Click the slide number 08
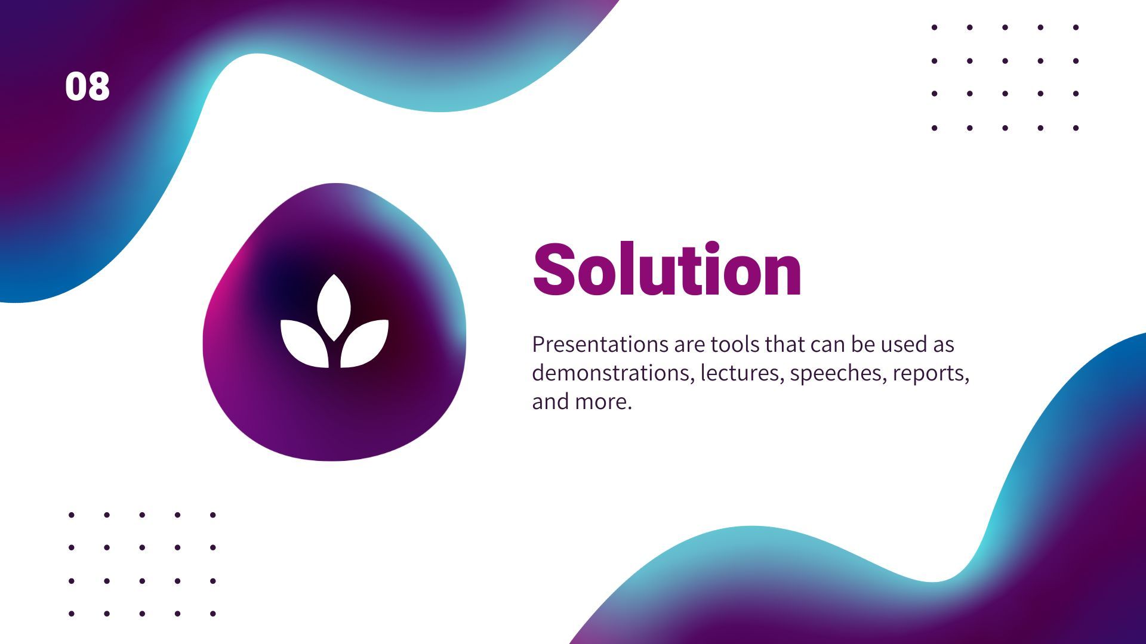pyautogui.click(x=87, y=86)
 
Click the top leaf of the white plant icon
pyautogui.click(x=334, y=306)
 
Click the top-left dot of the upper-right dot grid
pyautogui.click(x=934, y=27)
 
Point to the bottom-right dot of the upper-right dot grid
pyautogui.click(x=1076, y=128)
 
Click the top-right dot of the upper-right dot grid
pyautogui.click(x=1076, y=27)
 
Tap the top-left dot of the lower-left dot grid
pyautogui.click(x=72, y=515)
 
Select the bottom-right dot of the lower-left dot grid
pyautogui.click(x=212, y=613)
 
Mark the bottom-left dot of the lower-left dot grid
pyautogui.click(x=72, y=613)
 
